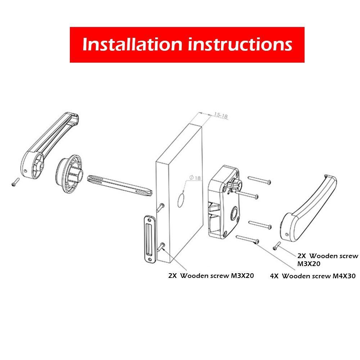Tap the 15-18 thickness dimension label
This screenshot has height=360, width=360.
pyautogui.click(x=221, y=116)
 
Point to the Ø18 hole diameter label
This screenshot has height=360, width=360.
pyautogui.click(x=195, y=178)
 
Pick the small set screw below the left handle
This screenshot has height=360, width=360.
pyautogui.click(x=15, y=182)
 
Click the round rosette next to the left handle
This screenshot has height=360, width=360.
pyautogui.click(x=69, y=170)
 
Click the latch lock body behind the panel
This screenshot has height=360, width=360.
pyautogui.click(x=224, y=202)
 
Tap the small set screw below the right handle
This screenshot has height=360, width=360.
pyautogui.click(x=276, y=246)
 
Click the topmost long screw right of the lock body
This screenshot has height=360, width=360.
pyautogui.click(x=260, y=180)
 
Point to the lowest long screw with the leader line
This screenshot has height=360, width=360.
pyautogui.click(x=248, y=239)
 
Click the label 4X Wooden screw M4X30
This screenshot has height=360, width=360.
pyautogui.click(x=313, y=276)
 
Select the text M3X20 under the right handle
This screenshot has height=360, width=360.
pyautogui.click(x=309, y=264)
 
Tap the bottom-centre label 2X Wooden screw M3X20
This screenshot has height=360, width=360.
pyautogui.click(x=211, y=275)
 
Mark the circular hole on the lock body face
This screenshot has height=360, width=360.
pyautogui.click(x=234, y=212)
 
